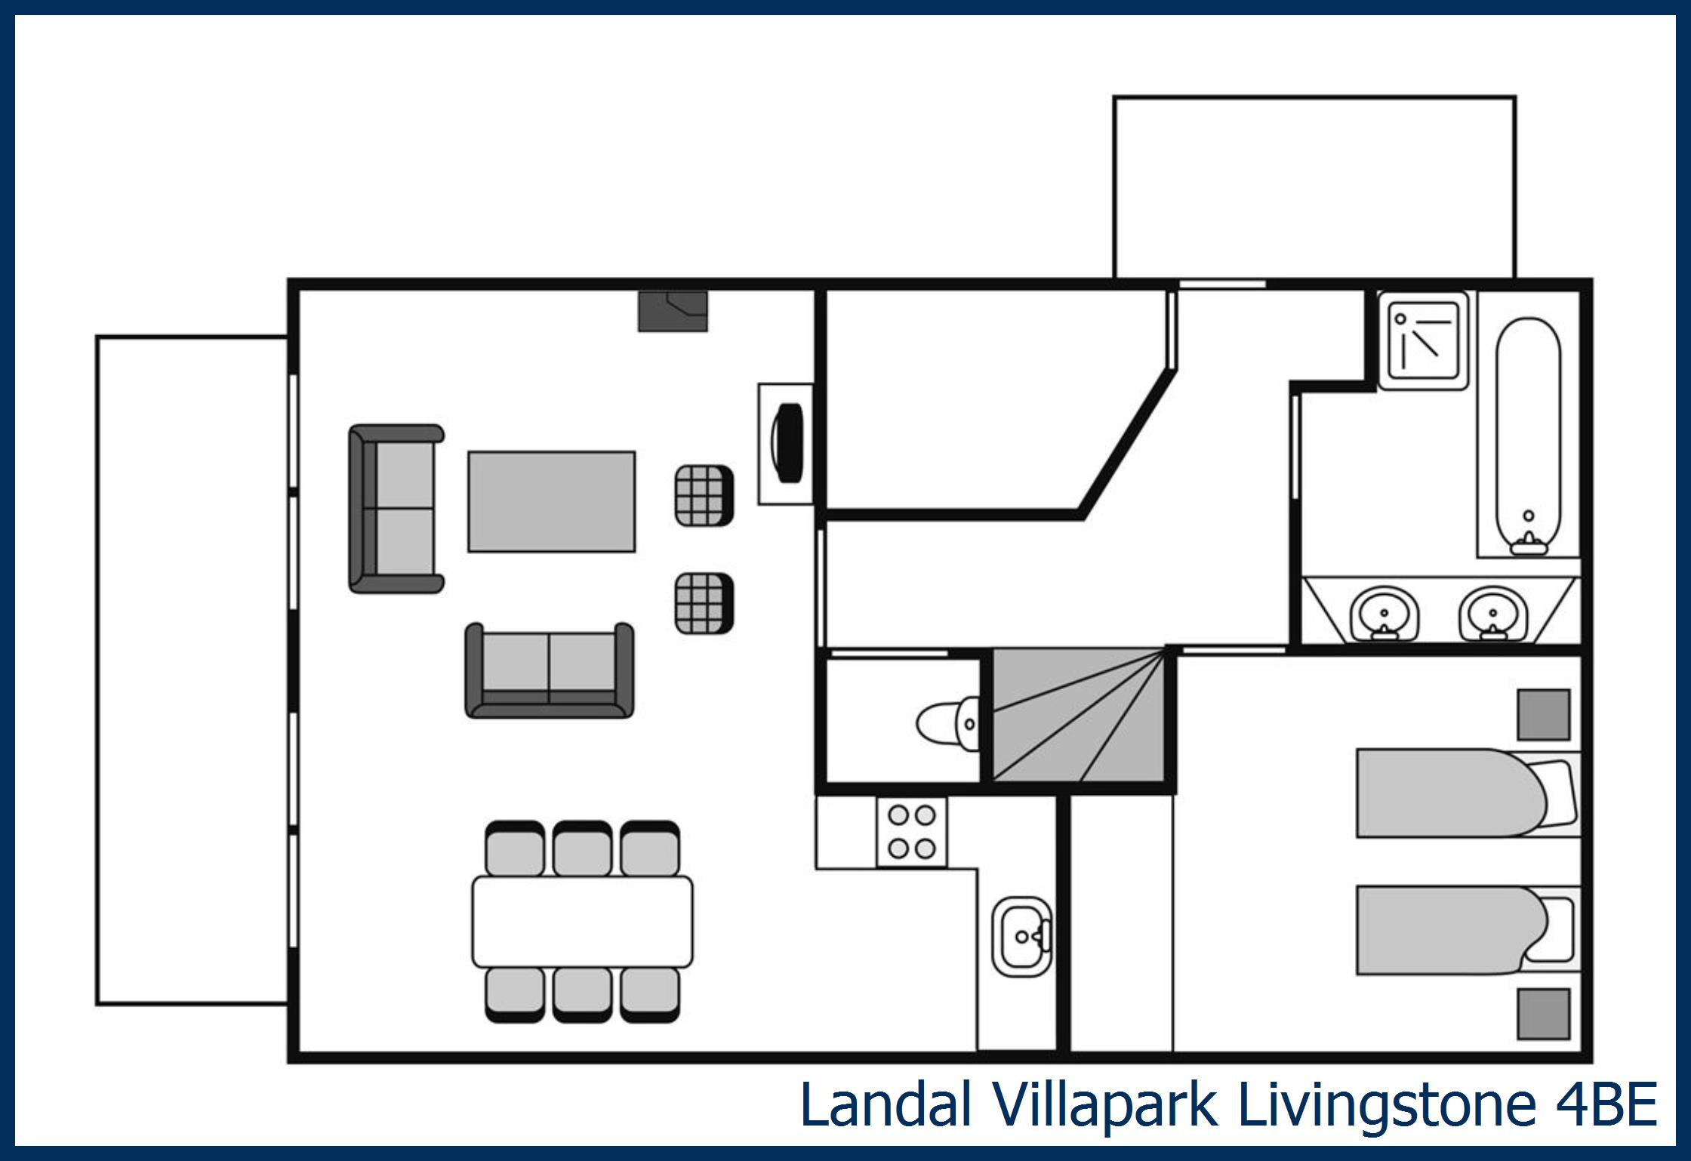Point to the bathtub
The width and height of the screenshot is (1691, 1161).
[1529, 434]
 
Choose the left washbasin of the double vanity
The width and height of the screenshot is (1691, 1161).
[1384, 614]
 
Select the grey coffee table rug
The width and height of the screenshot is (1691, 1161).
[551, 501]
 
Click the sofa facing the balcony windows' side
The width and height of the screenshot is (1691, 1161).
[395, 508]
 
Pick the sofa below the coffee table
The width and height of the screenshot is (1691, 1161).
[549, 671]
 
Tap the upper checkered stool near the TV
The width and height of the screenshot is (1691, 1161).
[704, 495]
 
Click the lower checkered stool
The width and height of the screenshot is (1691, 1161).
[704, 603]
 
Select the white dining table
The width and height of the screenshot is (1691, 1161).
[582, 921]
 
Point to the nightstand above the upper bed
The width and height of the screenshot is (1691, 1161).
[1544, 714]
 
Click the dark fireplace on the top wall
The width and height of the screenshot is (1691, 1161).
[673, 312]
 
